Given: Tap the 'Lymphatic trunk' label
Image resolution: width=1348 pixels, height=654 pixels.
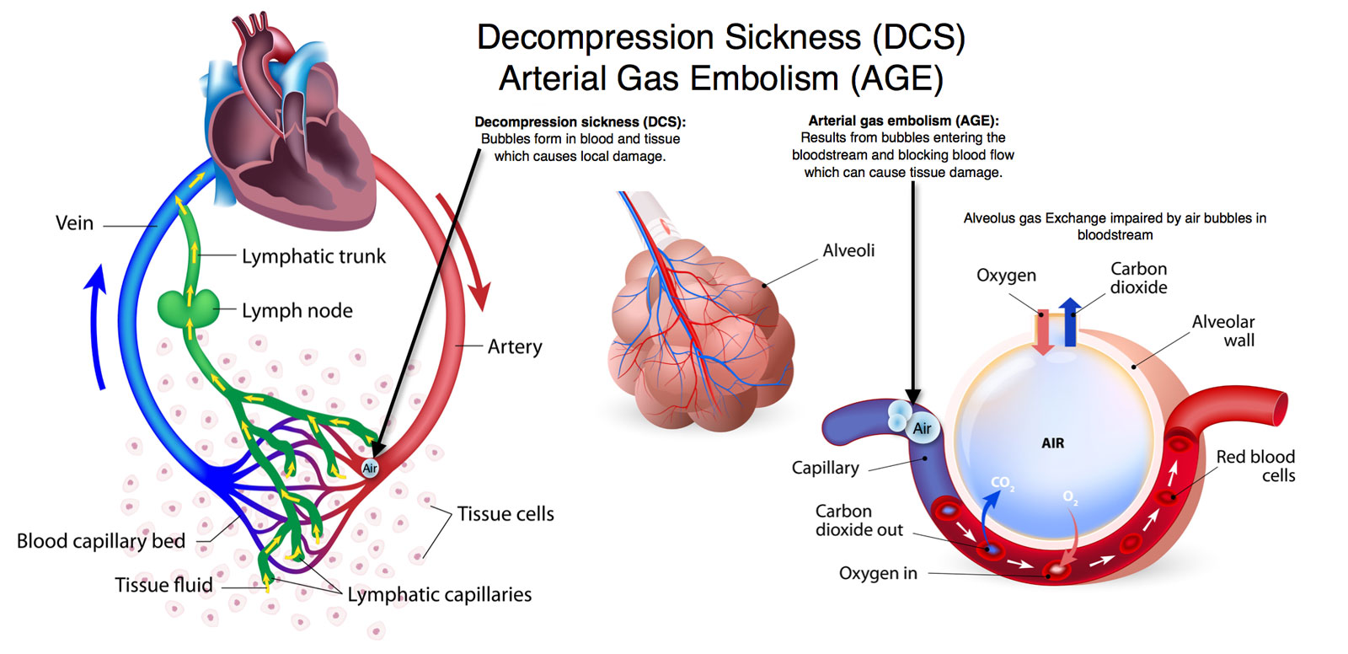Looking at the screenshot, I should tap(313, 256).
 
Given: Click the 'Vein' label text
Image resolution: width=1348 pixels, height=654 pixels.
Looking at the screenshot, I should tap(74, 223).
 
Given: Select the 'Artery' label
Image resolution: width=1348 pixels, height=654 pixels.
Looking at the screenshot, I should tap(515, 346).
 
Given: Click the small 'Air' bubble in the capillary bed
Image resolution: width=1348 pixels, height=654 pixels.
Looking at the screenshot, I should tap(370, 468).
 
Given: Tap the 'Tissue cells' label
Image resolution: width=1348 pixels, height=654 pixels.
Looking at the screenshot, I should tap(505, 514).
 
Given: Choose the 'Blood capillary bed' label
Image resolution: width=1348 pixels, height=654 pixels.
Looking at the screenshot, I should tap(101, 541).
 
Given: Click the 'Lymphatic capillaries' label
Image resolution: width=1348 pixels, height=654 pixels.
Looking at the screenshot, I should tap(440, 595).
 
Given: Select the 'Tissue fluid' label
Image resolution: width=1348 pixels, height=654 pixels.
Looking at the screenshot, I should tap(163, 585).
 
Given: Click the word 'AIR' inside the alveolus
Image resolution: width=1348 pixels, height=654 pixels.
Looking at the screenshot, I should tap(1053, 443).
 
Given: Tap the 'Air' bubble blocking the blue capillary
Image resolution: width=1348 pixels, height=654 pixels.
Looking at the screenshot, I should tap(922, 428).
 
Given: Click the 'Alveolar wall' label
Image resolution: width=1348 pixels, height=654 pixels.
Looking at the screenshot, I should tap(1223, 330).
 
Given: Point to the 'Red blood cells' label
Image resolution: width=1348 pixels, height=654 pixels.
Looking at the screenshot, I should tap(1255, 465).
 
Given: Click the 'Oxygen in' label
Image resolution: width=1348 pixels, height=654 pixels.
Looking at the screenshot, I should tap(878, 573).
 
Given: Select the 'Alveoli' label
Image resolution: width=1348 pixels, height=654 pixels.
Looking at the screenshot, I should tap(848, 250).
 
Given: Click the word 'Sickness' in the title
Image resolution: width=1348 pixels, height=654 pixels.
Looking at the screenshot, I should tap(793, 37).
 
